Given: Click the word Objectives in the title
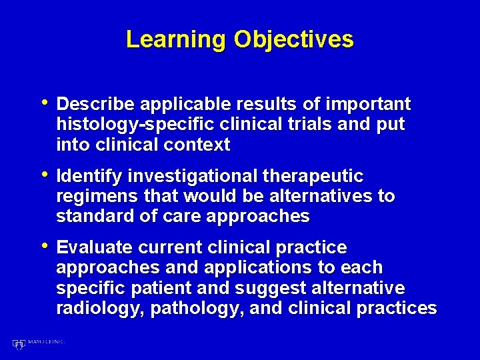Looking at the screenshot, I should (x=293, y=40).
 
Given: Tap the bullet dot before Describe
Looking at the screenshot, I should (x=45, y=103).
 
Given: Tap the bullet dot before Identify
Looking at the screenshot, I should (x=45, y=175).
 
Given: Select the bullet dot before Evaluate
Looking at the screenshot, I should (x=45, y=247).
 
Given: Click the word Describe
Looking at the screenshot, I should (x=96, y=105).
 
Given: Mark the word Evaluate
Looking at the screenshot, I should (x=95, y=248).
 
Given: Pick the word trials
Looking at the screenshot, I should (x=316, y=125).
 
